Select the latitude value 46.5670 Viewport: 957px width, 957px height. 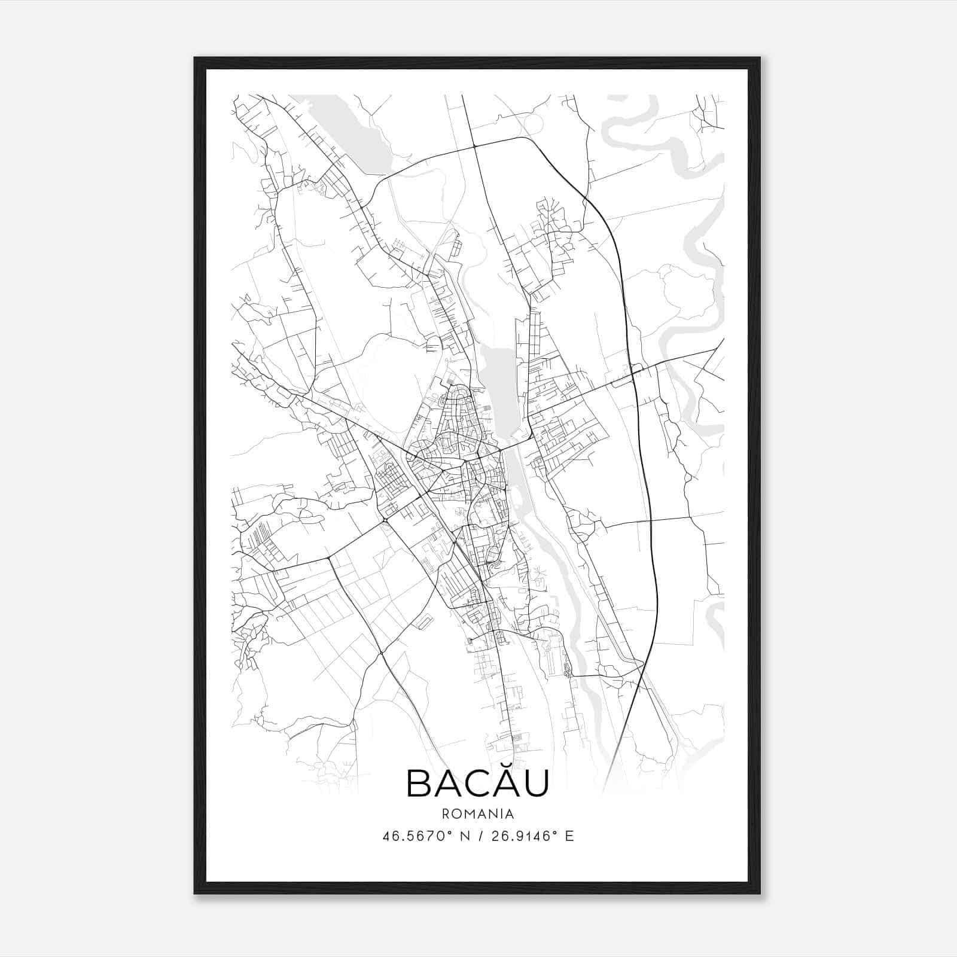click(x=413, y=836)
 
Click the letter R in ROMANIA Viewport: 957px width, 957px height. click(x=446, y=813)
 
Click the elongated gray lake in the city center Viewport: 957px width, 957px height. click(x=499, y=389)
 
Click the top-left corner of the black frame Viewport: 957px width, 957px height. click(x=195, y=58)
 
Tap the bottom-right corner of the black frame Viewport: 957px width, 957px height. click(x=760, y=893)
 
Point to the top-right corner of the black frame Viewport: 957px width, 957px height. click(x=760, y=58)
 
